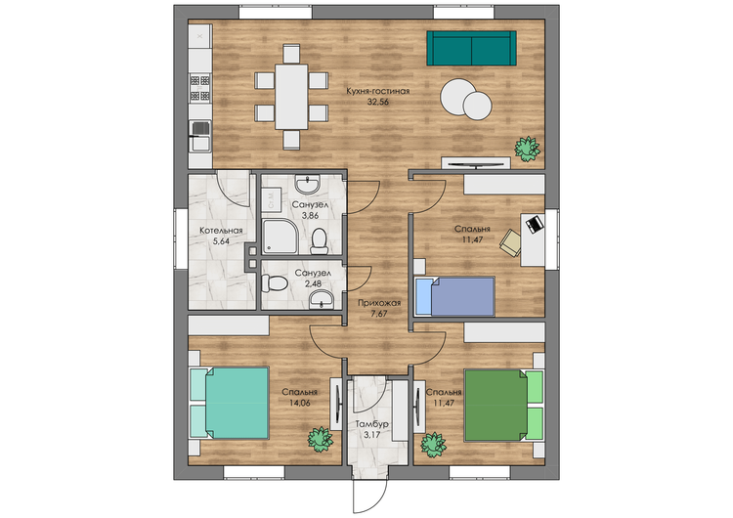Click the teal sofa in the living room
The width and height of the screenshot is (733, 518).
point(471,48)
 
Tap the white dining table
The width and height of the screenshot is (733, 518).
point(291,97)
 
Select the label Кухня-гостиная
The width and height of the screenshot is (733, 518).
point(377,91)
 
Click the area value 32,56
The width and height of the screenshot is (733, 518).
point(377,102)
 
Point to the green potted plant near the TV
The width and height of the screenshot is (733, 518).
point(528,149)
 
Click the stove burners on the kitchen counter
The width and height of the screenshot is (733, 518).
point(199,88)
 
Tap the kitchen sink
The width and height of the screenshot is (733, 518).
point(200,136)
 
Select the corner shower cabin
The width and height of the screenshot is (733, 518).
point(280,237)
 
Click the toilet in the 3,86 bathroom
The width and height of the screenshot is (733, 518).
point(320,240)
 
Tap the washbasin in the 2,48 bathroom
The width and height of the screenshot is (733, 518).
point(322,299)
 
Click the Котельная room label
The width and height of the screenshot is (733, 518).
point(221,231)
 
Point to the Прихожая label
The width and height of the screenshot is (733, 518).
point(379,303)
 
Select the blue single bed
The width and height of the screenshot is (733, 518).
point(454,297)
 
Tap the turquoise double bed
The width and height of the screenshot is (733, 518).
point(230,403)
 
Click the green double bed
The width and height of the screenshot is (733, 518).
point(503,405)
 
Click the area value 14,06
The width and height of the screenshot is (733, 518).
point(300,403)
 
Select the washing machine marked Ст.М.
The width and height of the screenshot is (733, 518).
point(271,199)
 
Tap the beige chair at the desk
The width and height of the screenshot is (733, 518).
point(510,243)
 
